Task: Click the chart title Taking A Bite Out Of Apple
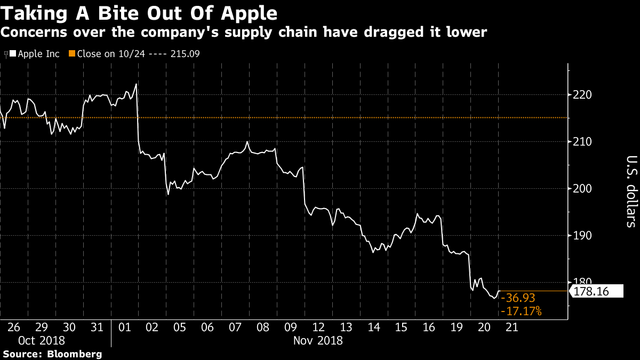tap(139, 13)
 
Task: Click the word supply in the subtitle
tap(249, 32)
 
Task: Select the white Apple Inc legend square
tap(13, 53)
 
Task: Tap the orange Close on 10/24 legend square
tap(72, 53)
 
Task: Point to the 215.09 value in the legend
tap(185, 54)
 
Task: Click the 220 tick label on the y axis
tap(582, 95)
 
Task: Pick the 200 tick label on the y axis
tap(582, 189)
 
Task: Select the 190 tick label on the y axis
tap(582, 236)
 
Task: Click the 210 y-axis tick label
tap(582, 142)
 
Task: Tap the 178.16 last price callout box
tap(596, 291)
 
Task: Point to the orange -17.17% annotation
tap(521, 311)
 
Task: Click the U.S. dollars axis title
tap(631, 191)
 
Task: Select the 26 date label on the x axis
tap(14, 327)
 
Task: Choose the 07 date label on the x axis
tap(235, 327)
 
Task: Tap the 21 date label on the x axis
tap(511, 327)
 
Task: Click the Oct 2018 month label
tap(42, 341)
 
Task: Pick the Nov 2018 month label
tap(318, 341)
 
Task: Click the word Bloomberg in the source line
tap(74, 354)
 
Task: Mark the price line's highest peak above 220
tap(137, 84)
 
